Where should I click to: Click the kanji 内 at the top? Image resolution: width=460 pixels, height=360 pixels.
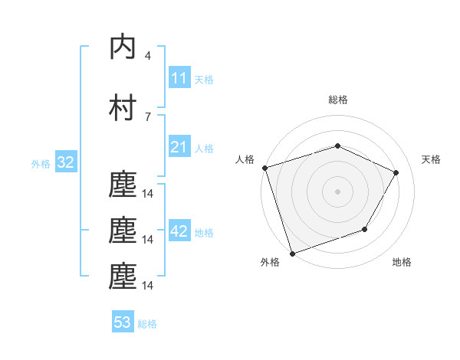pyautogui.click(x=123, y=47)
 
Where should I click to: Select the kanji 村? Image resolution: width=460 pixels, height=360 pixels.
pyautogui.click(x=123, y=108)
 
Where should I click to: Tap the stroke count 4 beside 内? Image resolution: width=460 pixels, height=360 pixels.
pyautogui.click(x=147, y=56)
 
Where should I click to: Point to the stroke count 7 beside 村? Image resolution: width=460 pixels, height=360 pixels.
pyautogui.click(x=147, y=116)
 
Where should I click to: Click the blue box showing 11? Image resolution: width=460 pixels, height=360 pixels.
pyautogui.click(x=179, y=78)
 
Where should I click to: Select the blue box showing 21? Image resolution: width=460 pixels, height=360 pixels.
pyautogui.click(x=179, y=147)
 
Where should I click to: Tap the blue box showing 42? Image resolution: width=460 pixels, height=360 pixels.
pyautogui.click(x=179, y=231)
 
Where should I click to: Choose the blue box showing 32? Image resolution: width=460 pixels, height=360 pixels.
pyautogui.click(x=64, y=162)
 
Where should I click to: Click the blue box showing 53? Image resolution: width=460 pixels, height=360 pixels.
pyautogui.click(x=123, y=322)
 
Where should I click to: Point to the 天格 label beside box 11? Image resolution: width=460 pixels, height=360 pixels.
pyautogui.click(x=204, y=80)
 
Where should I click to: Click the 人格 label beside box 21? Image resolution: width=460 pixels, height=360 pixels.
pyautogui.click(x=204, y=149)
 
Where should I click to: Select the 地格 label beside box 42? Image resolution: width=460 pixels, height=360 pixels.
pyautogui.click(x=204, y=233)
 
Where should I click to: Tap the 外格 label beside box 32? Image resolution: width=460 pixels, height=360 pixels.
pyautogui.click(x=41, y=164)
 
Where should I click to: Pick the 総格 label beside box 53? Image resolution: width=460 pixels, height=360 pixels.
pyautogui.click(x=147, y=324)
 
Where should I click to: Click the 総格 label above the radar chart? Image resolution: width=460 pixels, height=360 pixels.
pyautogui.click(x=337, y=100)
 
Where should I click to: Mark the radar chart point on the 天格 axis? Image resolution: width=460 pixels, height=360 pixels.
pyautogui.click(x=396, y=172)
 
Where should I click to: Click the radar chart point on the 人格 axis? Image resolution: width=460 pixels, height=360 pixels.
pyautogui.click(x=264, y=168)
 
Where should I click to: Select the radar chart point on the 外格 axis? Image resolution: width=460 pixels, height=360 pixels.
pyautogui.click(x=292, y=253)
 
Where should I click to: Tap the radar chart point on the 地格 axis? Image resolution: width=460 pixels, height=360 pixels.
pyautogui.click(x=365, y=229)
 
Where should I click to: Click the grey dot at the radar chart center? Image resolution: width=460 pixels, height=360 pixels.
pyautogui.click(x=337, y=191)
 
